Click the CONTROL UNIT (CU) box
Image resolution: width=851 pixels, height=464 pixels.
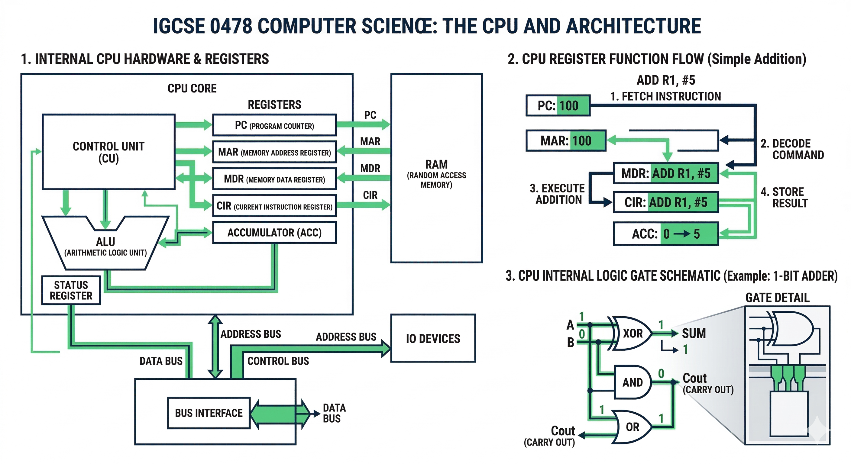[108, 152]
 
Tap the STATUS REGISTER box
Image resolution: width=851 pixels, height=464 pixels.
[71, 290]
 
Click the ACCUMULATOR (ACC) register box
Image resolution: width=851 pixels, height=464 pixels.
[274, 233]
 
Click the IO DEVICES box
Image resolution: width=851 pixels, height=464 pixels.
[433, 339]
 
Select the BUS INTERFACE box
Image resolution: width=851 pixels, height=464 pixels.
[209, 413]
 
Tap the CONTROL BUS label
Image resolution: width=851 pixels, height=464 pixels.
[278, 361]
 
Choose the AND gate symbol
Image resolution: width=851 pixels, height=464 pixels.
[632, 382]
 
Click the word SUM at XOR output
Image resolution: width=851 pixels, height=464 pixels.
[694, 333]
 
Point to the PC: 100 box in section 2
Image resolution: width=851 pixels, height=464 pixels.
[558, 106]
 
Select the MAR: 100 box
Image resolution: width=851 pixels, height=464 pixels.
[566, 141]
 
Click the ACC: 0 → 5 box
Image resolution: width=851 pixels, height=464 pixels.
[666, 234]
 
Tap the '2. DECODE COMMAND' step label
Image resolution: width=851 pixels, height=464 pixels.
[792, 149]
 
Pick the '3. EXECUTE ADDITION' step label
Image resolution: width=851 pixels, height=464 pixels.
[558, 194]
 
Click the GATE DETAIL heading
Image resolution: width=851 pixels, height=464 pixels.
[777, 298]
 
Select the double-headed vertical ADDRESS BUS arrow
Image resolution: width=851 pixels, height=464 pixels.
[215, 347]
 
